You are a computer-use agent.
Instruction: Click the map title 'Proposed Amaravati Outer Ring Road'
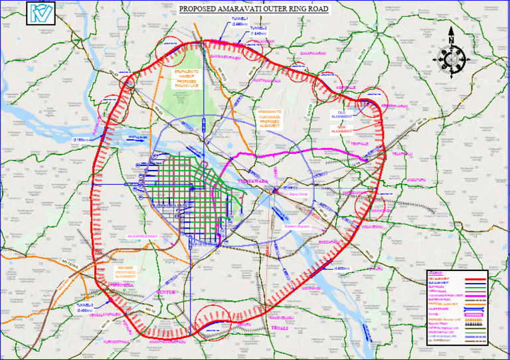(x=255, y=9)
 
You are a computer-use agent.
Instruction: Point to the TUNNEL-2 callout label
(x=260, y=32)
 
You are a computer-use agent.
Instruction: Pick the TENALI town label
(x=273, y=328)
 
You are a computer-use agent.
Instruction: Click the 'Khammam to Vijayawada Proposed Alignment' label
(x=274, y=117)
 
